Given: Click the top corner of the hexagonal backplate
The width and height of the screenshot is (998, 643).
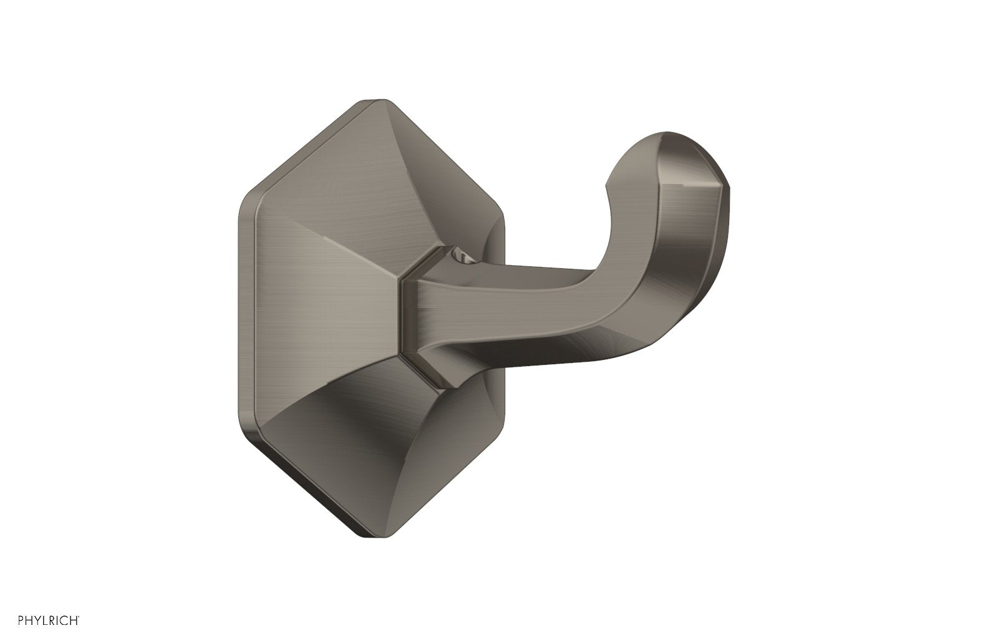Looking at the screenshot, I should click(x=378, y=100).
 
